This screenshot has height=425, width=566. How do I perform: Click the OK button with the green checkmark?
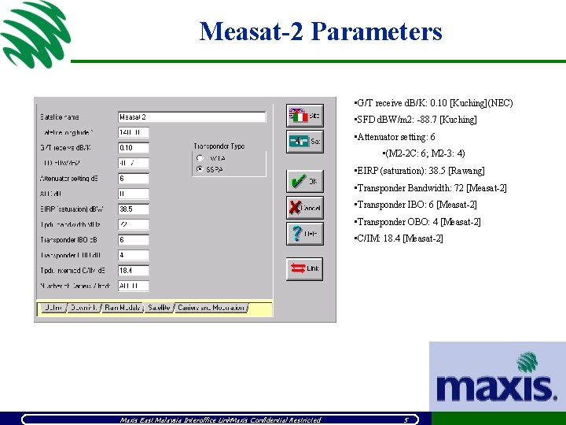(304, 182)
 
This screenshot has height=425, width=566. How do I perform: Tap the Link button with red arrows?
(304, 269)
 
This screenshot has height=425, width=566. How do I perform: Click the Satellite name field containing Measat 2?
(191, 117)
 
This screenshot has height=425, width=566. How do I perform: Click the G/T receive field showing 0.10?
(133, 148)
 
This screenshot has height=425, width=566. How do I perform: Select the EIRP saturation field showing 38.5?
(133, 209)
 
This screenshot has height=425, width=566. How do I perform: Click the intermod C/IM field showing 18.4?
(133, 271)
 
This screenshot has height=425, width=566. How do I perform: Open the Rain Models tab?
(123, 308)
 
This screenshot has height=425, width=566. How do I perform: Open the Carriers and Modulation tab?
(211, 308)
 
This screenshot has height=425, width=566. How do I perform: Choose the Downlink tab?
(83, 308)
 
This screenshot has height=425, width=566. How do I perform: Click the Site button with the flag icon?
(304, 116)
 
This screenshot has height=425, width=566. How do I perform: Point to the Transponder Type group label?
(219, 146)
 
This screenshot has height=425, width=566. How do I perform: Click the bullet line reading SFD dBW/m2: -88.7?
(416, 120)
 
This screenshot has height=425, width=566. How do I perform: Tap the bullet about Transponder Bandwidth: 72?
(431, 188)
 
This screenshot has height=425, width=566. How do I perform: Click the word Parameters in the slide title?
(377, 31)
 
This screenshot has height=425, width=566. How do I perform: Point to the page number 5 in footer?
(405, 419)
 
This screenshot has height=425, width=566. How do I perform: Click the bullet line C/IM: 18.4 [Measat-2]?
(399, 238)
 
